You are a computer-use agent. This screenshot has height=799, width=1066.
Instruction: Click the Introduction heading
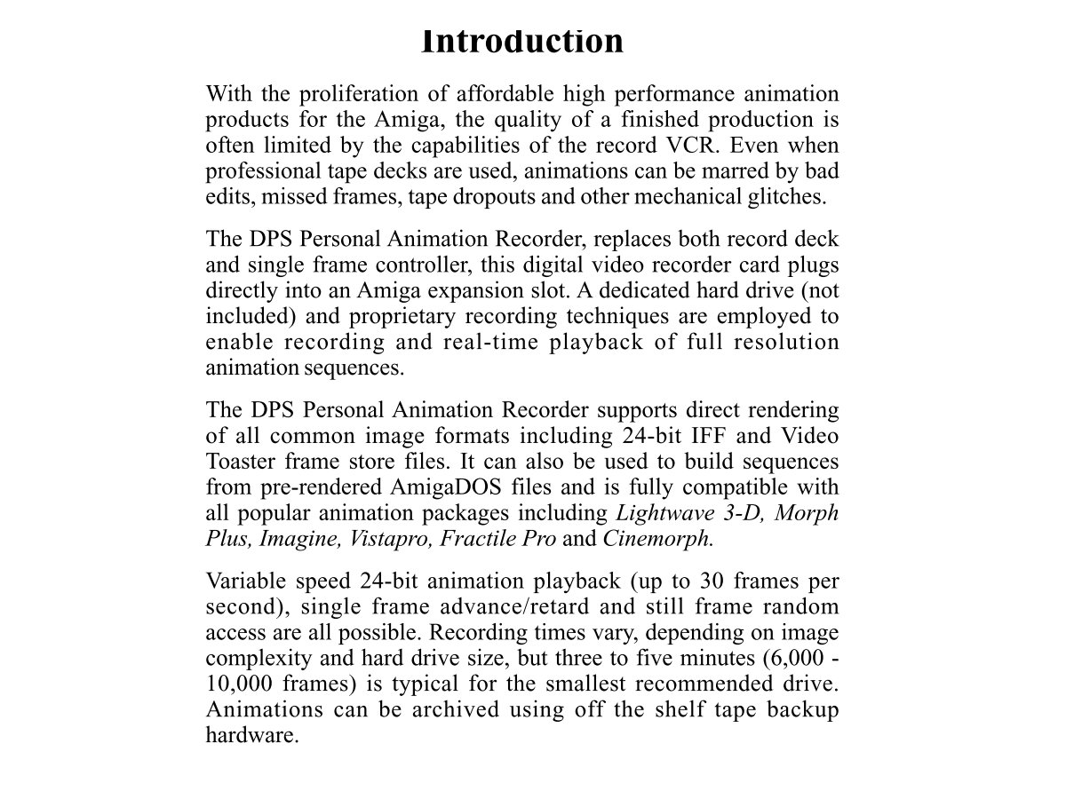(x=522, y=42)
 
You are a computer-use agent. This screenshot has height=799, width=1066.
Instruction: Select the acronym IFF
(x=703, y=436)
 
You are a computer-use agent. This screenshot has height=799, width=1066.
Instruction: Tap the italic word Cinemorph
(x=657, y=539)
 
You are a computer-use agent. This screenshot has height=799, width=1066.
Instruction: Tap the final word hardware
(x=250, y=736)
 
